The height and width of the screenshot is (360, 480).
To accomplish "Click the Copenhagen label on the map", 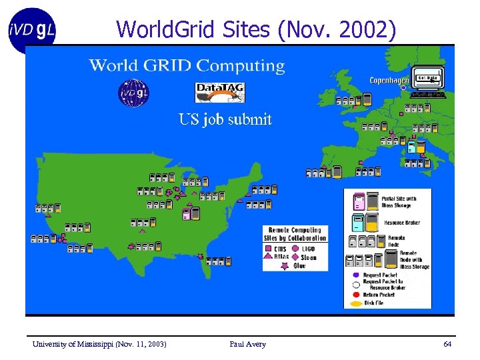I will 389,81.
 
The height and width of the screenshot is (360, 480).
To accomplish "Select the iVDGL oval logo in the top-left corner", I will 32,30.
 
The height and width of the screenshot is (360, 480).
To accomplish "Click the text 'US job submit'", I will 225,120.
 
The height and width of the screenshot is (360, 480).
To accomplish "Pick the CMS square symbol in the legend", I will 269,249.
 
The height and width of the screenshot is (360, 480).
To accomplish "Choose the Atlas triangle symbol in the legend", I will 269,257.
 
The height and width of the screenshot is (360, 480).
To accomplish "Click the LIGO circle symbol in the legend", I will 295,249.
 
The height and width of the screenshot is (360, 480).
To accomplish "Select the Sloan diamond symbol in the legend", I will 295,257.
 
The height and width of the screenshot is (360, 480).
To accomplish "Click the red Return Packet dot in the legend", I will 356,294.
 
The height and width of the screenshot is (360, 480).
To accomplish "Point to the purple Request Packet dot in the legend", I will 356,275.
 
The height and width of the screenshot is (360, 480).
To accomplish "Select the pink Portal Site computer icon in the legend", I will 359,202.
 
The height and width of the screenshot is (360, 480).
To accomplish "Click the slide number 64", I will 447,344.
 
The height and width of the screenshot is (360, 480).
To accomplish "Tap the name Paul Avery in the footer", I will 247,344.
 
